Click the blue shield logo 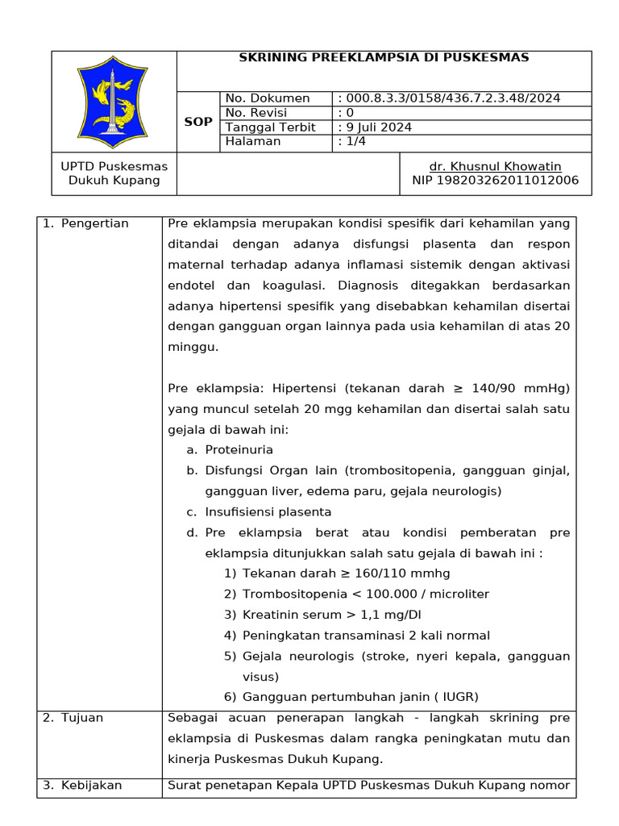[114, 102]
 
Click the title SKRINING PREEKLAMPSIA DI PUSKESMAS [384, 57]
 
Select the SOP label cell [198, 122]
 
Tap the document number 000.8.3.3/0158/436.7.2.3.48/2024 [453, 98]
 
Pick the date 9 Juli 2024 [379, 127]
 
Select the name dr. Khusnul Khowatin [495, 166]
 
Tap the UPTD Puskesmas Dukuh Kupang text [114, 173]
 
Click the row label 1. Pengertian [85, 223]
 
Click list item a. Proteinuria [239, 449]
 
